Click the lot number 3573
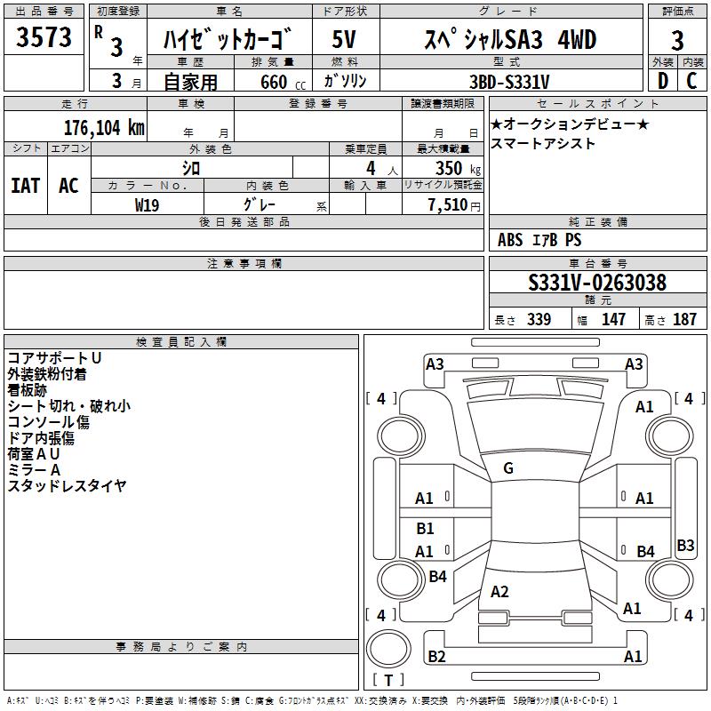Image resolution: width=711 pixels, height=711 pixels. [x=44, y=37]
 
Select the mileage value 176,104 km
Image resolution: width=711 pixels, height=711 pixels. [x=104, y=128]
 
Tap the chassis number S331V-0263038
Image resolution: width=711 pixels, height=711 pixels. [x=597, y=283]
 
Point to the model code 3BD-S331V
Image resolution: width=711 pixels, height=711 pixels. [x=509, y=82]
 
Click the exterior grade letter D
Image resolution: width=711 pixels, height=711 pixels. [x=663, y=81]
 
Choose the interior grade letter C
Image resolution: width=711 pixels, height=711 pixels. [x=691, y=81]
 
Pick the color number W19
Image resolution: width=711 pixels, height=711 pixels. [x=147, y=205]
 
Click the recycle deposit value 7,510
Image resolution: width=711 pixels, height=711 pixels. [x=448, y=205]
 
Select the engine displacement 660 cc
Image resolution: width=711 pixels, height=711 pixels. [x=283, y=83]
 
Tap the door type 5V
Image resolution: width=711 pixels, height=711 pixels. [x=344, y=39]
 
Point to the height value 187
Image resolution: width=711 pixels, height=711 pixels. [x=684, y=319]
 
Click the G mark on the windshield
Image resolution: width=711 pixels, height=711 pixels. [x=508, y=468]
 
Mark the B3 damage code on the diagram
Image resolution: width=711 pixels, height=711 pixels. [x=685, y=545]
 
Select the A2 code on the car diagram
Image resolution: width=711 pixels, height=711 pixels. [x=499, y=592]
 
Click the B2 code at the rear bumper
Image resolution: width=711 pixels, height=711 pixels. [x=436, y=656]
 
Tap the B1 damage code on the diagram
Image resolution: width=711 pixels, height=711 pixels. [x=425, y=528]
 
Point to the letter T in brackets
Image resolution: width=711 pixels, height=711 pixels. [x=388, y=680]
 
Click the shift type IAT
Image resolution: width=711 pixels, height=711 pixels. [x=26, y=186]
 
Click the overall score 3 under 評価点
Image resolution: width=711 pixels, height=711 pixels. [x=677, y=41]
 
